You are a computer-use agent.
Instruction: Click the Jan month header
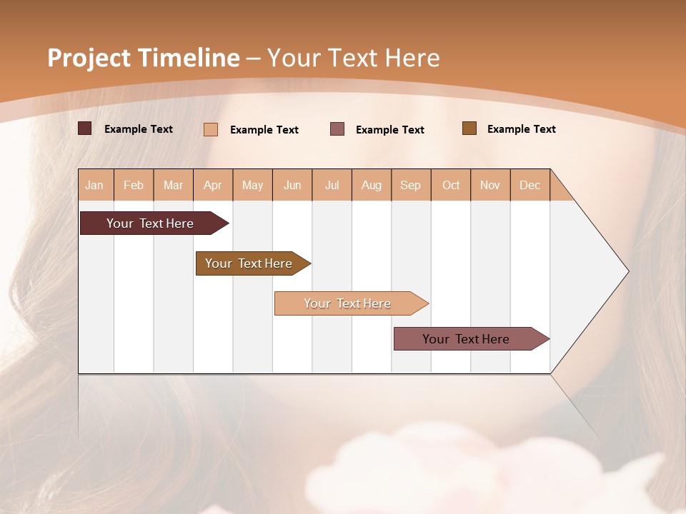94,185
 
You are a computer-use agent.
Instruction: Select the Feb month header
134,185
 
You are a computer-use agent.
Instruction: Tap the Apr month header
213,185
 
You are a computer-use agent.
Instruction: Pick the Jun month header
292,185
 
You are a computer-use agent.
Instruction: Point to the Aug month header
372,185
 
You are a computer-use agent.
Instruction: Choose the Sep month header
411,185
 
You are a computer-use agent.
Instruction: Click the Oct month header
451,185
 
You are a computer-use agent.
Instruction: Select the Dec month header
530,185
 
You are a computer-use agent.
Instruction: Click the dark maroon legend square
85,128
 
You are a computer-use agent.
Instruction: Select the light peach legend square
211,129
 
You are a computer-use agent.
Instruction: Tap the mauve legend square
337,128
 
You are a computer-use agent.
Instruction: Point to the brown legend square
469,128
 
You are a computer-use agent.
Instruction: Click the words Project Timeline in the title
144,58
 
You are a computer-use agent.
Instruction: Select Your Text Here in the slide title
354,58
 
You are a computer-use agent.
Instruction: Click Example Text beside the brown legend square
522,129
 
